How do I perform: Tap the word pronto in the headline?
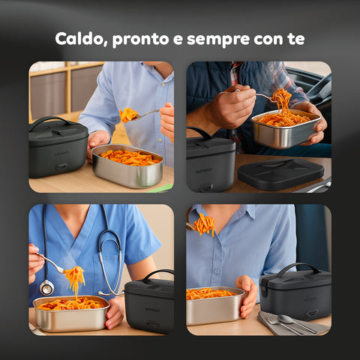(140, 40)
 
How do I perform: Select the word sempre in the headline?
(218, 40)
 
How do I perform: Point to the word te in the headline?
(297, 39)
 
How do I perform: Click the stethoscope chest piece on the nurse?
(46, 287)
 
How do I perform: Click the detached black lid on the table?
(280, 173)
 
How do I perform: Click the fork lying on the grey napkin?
(283, 324)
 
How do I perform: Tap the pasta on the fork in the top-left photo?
(128, 115)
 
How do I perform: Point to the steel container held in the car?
(285, 129)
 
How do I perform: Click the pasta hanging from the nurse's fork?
(75, 278)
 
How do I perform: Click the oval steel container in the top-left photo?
(127, 166)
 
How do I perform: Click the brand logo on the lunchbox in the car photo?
(204, 171)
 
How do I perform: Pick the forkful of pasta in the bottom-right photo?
(204, 225)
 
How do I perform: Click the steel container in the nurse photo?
(71, 313)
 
